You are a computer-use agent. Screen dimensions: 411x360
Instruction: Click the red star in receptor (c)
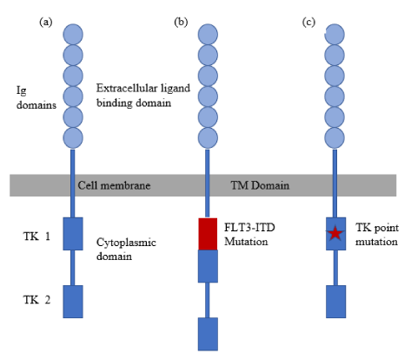(335, 233)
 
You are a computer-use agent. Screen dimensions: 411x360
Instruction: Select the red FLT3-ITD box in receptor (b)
(208, 234)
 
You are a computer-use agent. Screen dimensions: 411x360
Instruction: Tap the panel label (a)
(46, 22)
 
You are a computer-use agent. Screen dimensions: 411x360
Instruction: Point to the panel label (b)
(181, 22)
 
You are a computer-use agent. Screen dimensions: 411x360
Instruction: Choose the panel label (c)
(308, 22)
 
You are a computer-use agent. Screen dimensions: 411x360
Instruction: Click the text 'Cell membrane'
(114, 185)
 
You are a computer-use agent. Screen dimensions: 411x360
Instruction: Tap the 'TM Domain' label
(260, 185)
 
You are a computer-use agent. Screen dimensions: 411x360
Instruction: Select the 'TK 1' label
(36, 237)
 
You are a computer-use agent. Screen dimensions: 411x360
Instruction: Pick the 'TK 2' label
(36, 299)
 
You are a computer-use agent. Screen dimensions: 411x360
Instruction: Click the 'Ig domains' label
(36, 97)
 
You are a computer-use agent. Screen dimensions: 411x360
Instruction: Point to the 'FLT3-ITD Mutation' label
(249, 234)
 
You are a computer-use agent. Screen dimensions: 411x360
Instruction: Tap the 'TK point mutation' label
(377, 235)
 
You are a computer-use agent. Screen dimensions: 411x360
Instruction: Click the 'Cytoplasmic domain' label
(126, 250)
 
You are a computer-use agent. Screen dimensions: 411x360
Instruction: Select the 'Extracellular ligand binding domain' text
(143, 96)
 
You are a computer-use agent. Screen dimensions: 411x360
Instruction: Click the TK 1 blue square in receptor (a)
(73, 234)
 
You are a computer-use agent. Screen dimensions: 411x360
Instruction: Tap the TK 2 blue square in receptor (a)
(73, 302)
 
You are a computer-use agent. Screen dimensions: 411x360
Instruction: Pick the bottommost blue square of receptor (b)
(208, 334)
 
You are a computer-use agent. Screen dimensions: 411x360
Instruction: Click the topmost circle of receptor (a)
(73, 35)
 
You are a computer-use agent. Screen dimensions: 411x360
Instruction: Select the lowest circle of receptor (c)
(335, 137)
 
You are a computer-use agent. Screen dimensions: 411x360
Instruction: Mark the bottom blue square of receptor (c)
(336, 302)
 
